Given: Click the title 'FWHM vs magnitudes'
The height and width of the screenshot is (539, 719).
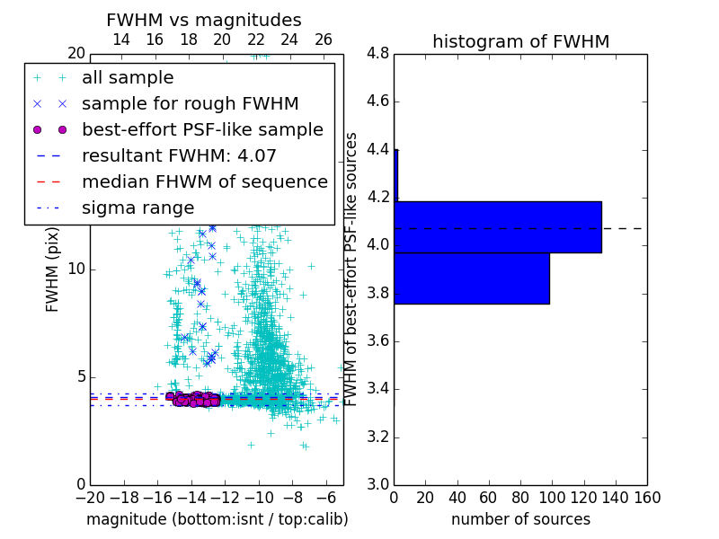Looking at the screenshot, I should [x=203, y=21].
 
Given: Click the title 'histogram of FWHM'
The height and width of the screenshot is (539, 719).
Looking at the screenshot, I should [x=520, y=41].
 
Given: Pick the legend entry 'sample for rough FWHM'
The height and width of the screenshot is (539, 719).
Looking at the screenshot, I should [x=190, y=103].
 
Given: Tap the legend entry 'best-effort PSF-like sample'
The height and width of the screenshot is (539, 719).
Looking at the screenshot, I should [x=202, y=129].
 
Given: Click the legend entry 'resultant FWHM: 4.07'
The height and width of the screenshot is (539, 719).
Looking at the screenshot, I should [x=179, y=155].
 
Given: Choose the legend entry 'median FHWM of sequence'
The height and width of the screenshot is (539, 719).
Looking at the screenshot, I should [x=204, y=181].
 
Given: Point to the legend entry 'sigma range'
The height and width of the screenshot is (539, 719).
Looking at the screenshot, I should [x=138, y=208].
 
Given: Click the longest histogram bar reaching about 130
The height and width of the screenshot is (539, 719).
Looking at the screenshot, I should [x=497, y=227].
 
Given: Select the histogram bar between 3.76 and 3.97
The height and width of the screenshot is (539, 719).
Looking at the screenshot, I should [x=471, y=278].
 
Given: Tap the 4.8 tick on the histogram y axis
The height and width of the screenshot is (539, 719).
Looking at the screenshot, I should [x=378, y=53].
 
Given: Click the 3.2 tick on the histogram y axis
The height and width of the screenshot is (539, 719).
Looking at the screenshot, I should [x=378, y=437].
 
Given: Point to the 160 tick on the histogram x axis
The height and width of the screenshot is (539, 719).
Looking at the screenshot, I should [x=647, y=497].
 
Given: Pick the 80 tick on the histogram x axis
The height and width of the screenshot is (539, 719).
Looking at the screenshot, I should [x=520, y=497].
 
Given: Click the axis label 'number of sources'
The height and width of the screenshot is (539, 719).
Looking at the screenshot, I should [x=520, y=519].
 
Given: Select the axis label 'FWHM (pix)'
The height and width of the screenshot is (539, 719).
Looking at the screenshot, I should [x=53, y=269].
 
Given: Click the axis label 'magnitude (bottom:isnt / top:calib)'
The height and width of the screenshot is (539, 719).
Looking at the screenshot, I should [x=217, y=519].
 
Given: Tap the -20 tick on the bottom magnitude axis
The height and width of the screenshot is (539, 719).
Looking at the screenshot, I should [x=90, y=497].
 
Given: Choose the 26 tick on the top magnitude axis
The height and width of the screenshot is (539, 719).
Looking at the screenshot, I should [x=324, y=40].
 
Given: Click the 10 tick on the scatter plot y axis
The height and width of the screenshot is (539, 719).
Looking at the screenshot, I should [x=75, y=269].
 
